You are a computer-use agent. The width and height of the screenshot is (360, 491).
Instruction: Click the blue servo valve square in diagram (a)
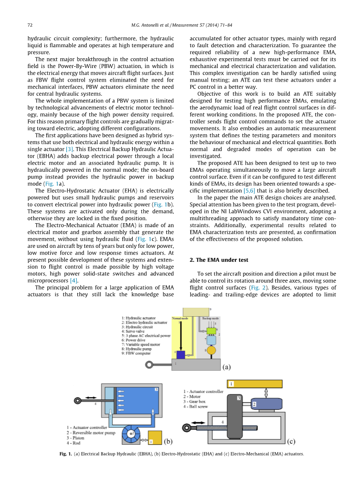click(x=180, y=355)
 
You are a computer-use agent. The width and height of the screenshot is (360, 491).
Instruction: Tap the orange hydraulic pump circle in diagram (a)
click(x=211, y=350)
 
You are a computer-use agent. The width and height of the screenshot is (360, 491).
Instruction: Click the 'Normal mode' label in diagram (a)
click(x=180, y=318)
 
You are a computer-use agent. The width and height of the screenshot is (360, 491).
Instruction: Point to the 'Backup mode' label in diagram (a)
click(x=210, y=318)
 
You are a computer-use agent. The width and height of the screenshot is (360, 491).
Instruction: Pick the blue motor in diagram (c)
click(x=266, y=404)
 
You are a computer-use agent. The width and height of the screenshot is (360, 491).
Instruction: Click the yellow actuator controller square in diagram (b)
click(x=154, y=437)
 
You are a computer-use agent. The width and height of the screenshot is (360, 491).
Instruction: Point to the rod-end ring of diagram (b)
click(x=78, y=400)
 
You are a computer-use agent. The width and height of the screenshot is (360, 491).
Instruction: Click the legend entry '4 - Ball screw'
click(x=195, y=407)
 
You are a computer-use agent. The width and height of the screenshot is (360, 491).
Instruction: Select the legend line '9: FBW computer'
click(x=136, y=353)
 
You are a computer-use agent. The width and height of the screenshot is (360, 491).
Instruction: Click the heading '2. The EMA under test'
click(x=219, y=260)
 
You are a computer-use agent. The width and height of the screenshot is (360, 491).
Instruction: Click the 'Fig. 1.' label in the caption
click(x=66, y=454)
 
